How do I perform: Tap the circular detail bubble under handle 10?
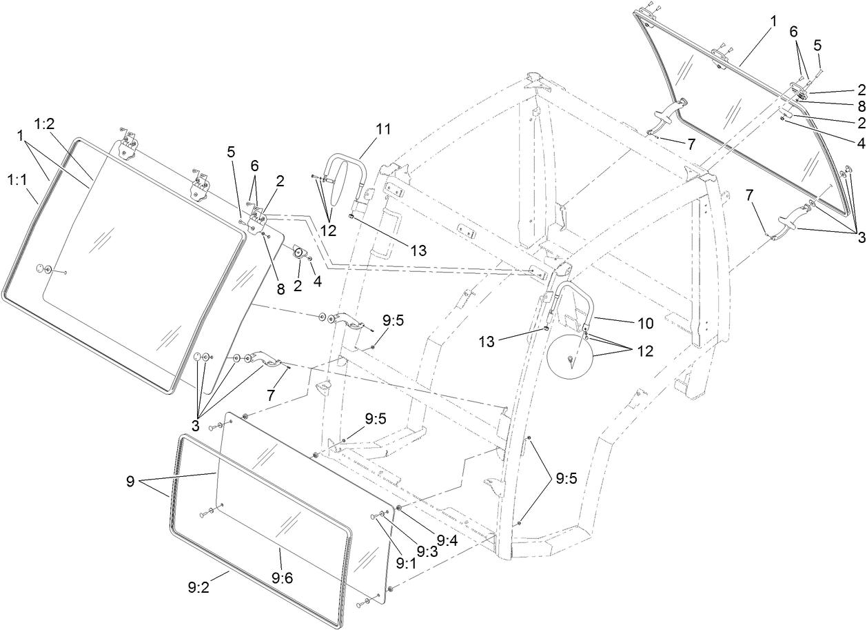[x=570, y=357]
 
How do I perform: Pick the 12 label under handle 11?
[x=328, y=230]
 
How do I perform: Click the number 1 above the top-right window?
[x=774, y=21]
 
